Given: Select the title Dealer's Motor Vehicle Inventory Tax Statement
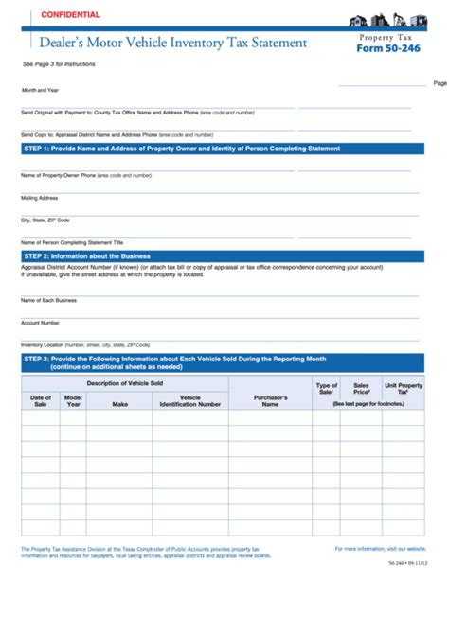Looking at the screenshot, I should pyautogui.click(x=172, y=43).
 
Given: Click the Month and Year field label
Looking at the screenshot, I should pyautogui.click(x=40, y=91).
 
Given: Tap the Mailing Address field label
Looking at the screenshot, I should pyautogui.click(x=40, y=198).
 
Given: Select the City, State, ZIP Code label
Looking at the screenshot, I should pyautogui.click(x=45, y=220).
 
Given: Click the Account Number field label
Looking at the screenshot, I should pyautogui.click(x=41, y=322).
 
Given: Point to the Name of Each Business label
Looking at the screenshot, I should pyautogui.click(x=49, y=300).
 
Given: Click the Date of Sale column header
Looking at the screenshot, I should pyautogui.click(x=41, y=400).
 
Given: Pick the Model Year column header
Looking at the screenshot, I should pyautogui.click(x=73, y=400).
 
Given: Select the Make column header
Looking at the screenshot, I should pyautogui.click(x=119, y=404).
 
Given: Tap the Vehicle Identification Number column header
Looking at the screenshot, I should pyautogui.click(x=189, y=400).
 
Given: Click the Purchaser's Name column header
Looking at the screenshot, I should pyautogui.click(x=270, y=400).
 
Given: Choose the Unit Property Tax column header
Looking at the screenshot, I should pyautogui.click(x=403, y=388).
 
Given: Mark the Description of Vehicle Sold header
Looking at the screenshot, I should pyautogui.click(x=125, y=382).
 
